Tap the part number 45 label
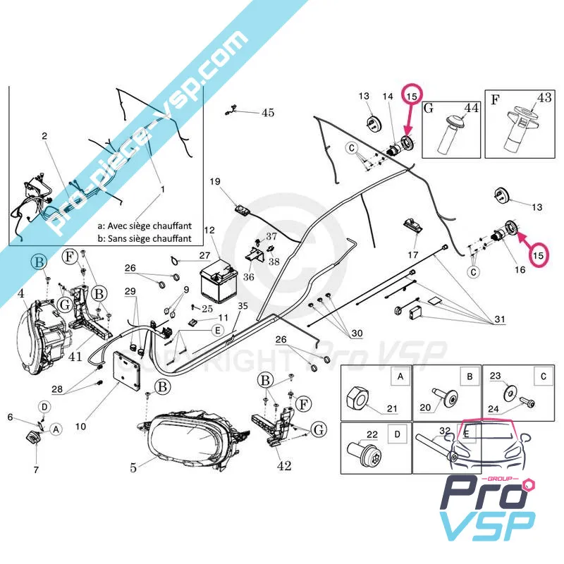(268, 112)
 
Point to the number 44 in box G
(470, 107)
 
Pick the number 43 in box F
(544, 98)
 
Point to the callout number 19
(215, 182)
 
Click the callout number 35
(243, 306)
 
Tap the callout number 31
(499, 320)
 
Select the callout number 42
(284, 465)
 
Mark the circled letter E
(218, 330)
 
